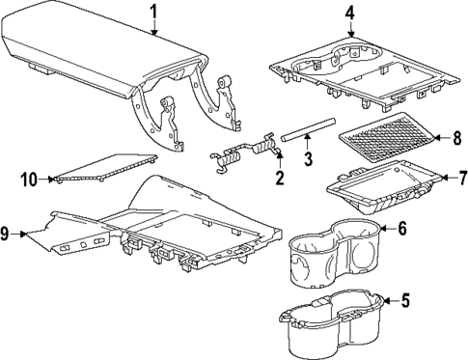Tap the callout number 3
point(307,159)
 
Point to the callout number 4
point(350,13)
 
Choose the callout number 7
point(461,178)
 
